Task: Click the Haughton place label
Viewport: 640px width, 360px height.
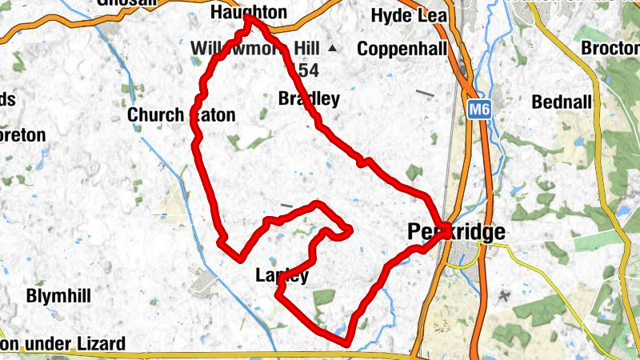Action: [x=247, y=13]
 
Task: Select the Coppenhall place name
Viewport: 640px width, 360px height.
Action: [x=402, y=50]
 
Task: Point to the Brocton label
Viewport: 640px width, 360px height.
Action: [x=610, y=48]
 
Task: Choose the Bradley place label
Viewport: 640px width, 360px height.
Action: [x=309, y=99]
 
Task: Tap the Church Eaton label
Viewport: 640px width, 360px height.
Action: [x=182, y=115]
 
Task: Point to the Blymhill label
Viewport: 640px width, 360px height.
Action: [x=58, y=295]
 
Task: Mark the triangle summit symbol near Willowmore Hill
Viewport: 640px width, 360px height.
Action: [x=333, y=50]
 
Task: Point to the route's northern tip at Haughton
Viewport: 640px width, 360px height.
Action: [x=250, y=18]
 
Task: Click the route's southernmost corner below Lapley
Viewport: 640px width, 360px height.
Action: [x=347, y=344]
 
